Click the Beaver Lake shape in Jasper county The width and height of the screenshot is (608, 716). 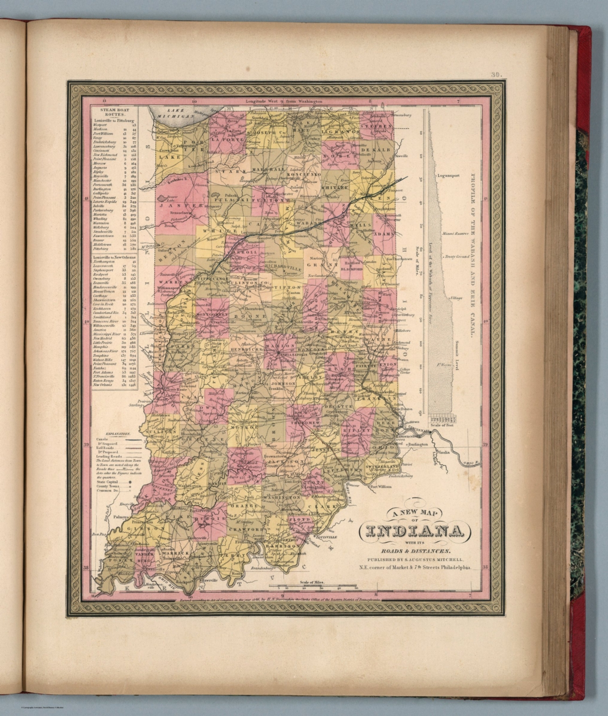[x=164, y=198]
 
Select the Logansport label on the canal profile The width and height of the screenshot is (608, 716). [x=450, y=176]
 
